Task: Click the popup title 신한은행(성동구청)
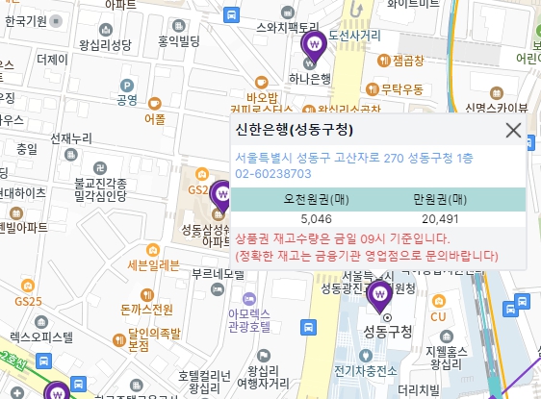pyautogui.click(x=294, y=130)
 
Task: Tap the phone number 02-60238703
pyautogui.click(x=273, y=174)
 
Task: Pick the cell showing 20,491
pyautogui.click(x=439, y=220)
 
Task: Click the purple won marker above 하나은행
pyautogui.click(x=313, y=44)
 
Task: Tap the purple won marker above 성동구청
pyautogui.click(x=380, y=293)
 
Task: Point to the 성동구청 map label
pyautogui.click(x=388, y=333)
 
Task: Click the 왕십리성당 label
pyautogui.click(x=105, y=44)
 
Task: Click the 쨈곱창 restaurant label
pyautogui.click(x=408, y=61)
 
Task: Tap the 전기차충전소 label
pyautogui.click(x=359, y=370)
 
